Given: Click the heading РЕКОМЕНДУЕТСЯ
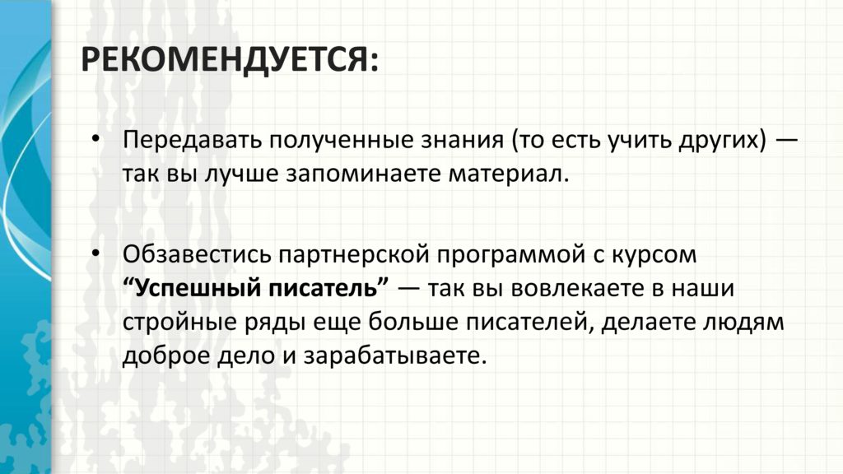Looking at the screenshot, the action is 230,59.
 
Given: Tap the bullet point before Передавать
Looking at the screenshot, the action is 95,139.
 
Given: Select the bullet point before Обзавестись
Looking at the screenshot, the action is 95,253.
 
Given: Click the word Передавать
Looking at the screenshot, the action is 193,141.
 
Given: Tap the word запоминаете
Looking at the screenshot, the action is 363,175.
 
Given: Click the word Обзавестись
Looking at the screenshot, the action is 197,254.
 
